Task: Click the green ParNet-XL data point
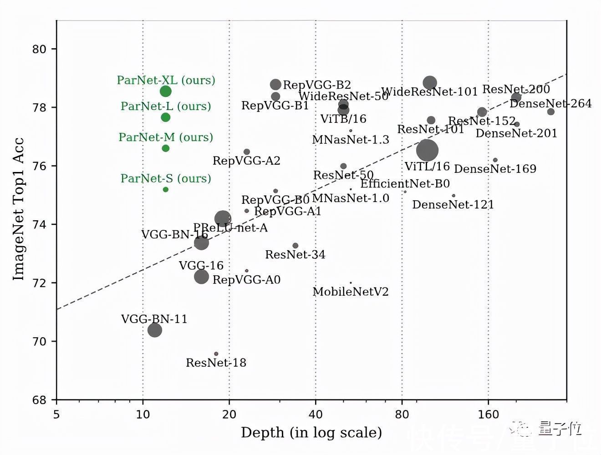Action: click(166, 91)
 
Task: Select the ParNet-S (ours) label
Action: click(166, 178)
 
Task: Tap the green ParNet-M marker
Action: click(166, 148)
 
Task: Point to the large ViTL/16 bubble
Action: click(427, 150)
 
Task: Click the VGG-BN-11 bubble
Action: click(155, 330)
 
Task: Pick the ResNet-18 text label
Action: click(216, 363)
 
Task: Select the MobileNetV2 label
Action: click(351, 292)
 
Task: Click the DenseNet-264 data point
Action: click(551, 112)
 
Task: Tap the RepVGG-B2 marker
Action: click(275, 85)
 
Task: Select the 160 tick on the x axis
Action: click(489, 414)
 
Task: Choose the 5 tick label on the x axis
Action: click(56, 414)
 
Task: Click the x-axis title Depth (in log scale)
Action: click(311, 432)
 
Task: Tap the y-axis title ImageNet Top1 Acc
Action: click(18, 209)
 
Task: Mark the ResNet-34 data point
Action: click(295, 246)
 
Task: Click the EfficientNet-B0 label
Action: click(405, 183)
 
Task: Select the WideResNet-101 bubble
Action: click(430, 83)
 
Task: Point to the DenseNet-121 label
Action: click(453, 205)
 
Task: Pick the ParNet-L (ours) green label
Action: click(166, 106)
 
